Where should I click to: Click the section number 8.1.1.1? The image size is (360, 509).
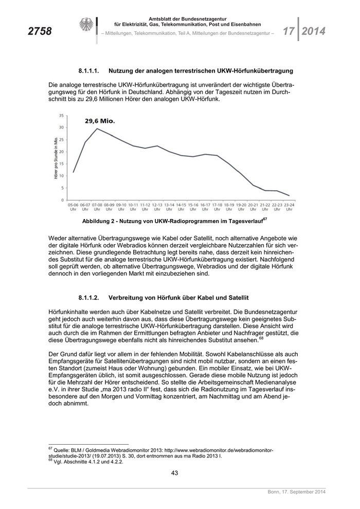click(92, 70)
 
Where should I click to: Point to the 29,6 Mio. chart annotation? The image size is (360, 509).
click(100, 121)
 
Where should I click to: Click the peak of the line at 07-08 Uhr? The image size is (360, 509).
click(97, 129)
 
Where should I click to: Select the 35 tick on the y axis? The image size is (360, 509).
click(62, 115)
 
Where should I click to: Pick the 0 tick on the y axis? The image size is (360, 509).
click(63, 200)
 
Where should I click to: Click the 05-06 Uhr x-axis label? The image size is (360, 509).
click(73, 207)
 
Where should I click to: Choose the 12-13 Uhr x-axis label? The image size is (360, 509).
click(157, 207)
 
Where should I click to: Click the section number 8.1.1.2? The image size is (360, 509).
click(92, 298)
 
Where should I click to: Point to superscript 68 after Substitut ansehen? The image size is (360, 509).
click(261, 338)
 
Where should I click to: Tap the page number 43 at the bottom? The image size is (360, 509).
click(174, 473)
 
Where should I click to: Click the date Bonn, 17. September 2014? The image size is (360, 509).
click(297, 493)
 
